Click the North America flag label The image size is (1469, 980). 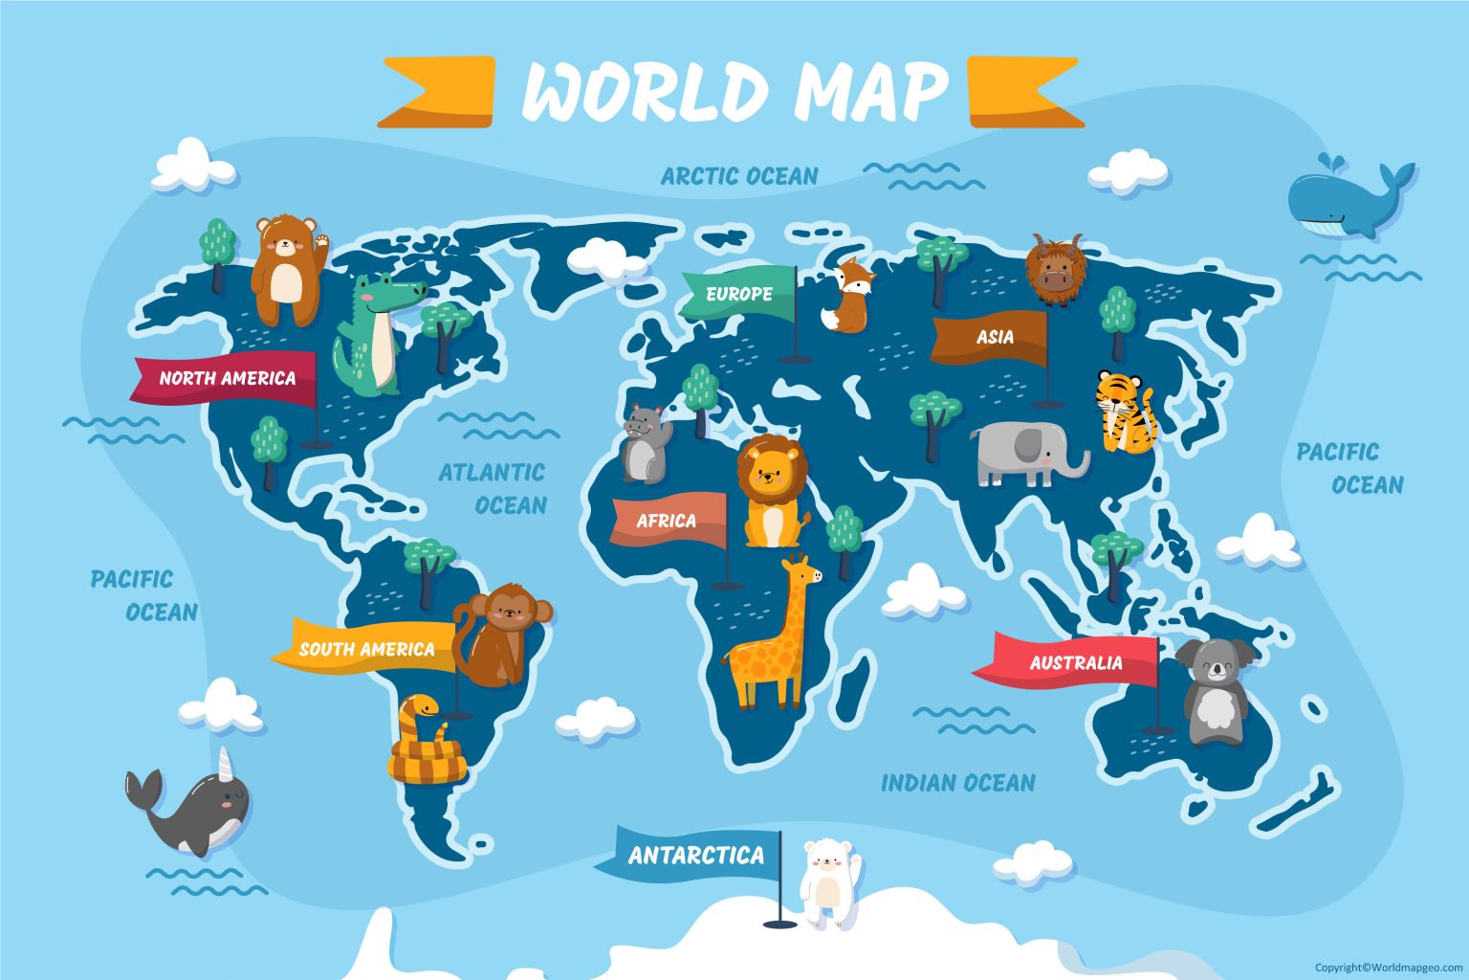coord(227,378)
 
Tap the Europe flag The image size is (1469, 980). coord(739,293)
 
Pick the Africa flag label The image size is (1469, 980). coord(667,521)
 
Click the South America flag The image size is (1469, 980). coord(366,649)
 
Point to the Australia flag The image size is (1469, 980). coord(1074,662)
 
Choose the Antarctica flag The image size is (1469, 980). coord(695,855)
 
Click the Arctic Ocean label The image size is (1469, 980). coord(739,176)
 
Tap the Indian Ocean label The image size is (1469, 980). coord(957,783)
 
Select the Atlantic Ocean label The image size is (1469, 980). coord(493,488)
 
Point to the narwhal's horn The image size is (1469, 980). coord(226,765)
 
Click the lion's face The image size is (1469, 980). coord(771,471)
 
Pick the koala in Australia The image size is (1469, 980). coord(1215,689)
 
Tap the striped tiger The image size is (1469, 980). coord(1126,412)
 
